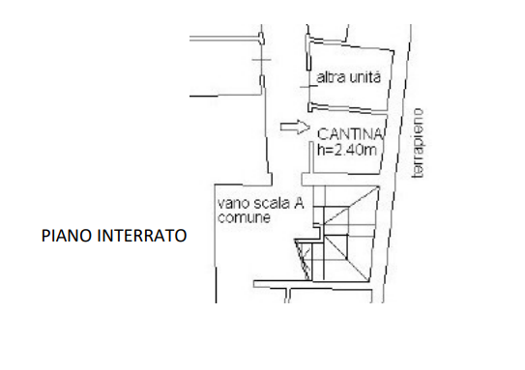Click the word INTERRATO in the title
[141, 235]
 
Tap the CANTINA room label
[350, 134]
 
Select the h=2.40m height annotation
[347, 150]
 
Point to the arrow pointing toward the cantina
[295, 127]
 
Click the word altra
[331, 77]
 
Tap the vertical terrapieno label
[417, 143]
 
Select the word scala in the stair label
[272, 203]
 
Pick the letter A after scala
[299, 203]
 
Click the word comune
[244, 217]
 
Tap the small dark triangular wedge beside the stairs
[304, 259]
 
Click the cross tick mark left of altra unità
[308, 86]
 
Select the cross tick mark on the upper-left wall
[261, 60]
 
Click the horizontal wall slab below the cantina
[341, 180]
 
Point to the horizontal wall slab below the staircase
[312, 284]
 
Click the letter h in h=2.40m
[320, 149]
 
